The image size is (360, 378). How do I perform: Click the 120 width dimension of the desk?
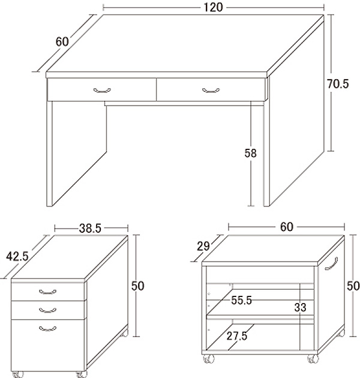click(213, 7)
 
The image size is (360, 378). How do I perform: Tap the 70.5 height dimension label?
click(338, 84)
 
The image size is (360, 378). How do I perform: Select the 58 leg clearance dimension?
click(251, 153)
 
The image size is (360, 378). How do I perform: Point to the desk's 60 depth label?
click(62, 42)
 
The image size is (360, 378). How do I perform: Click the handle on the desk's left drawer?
click(102, 91)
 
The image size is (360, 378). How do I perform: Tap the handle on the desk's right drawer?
click(211, 91)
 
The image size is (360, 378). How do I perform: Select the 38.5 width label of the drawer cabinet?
click(90, 228)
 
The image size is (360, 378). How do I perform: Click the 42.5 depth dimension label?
click(17, 256)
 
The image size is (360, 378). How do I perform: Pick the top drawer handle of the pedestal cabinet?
click(48, 292)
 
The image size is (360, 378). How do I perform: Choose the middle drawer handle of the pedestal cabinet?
click(48, 310)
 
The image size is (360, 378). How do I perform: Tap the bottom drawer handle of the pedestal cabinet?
click(48, 328)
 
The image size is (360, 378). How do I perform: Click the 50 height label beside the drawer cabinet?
click(137, 286)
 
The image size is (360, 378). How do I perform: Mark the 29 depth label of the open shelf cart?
click(203, 246)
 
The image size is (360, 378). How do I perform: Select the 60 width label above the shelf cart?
click(287, 227)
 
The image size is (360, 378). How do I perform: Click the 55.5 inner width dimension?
click(241, 301)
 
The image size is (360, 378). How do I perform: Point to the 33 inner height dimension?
click(300, 307)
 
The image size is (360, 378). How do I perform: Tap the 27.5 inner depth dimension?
click(237, 336)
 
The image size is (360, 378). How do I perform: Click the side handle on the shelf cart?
click(332, 264)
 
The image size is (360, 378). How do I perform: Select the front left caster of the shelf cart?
click(209, 359)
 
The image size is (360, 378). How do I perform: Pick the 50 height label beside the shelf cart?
click(353, 286)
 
